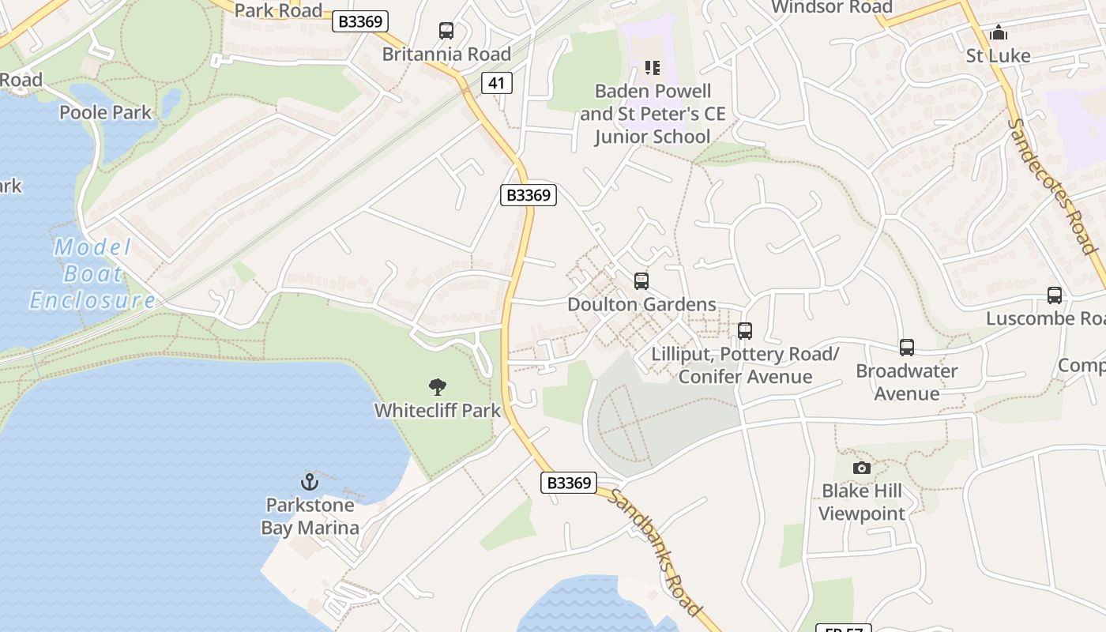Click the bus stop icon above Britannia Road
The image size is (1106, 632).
(x=446, y=31)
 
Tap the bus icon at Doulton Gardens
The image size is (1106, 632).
(x=641, y=280)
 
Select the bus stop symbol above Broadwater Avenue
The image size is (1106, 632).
(x=907, y=347)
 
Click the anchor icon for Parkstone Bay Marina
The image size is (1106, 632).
(x=310, y=481)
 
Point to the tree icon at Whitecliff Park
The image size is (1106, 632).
(x=437, y=387)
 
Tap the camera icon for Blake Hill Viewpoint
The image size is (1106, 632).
(x=862, y=468)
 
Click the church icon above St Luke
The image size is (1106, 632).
(x=999, y=32)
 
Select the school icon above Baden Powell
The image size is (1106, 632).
(x=652, y=68)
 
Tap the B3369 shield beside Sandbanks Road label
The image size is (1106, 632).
(x=569, y=483)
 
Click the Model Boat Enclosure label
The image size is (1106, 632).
(x=93, y=274)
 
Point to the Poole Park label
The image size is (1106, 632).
(x=105, y=112)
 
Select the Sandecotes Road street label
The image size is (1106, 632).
(x=1054, y=186)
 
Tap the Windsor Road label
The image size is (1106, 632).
(x=831, y=8)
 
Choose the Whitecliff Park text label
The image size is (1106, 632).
(x=438, y=410)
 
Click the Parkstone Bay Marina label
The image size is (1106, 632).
(x=310, y=516)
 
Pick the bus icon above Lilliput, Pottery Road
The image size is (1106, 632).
(x=744, y=331)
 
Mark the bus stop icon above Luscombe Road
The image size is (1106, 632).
(x=1055, y=295)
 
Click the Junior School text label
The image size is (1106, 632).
(x=652, y=136)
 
